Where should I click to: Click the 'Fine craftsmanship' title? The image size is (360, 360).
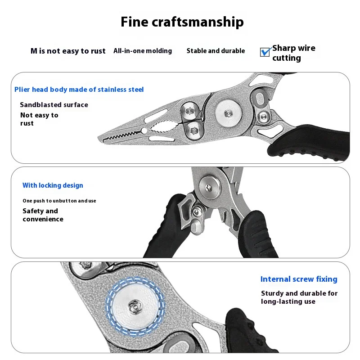click(x=182, y=22)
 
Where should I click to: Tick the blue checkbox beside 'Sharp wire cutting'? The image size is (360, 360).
click(x=265, y=52)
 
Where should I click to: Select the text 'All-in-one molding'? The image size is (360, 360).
click(x=143, y=51)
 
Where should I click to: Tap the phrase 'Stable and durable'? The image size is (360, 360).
click(x=216, y=51)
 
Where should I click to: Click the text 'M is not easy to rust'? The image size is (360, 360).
click(x=68, y=51)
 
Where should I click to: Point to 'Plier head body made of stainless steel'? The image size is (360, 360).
click(x=79, y=90)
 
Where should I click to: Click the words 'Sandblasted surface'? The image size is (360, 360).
click(x=54, y=105)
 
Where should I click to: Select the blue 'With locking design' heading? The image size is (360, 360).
click(x=53, y=185)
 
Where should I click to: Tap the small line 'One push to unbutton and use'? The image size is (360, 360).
click(x=59, y=201)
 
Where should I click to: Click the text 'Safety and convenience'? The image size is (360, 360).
click(x=43, y=215)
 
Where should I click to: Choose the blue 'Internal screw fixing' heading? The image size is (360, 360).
click(x=299, y=279)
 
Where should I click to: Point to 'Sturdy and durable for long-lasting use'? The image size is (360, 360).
click(x=299, y=297)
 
